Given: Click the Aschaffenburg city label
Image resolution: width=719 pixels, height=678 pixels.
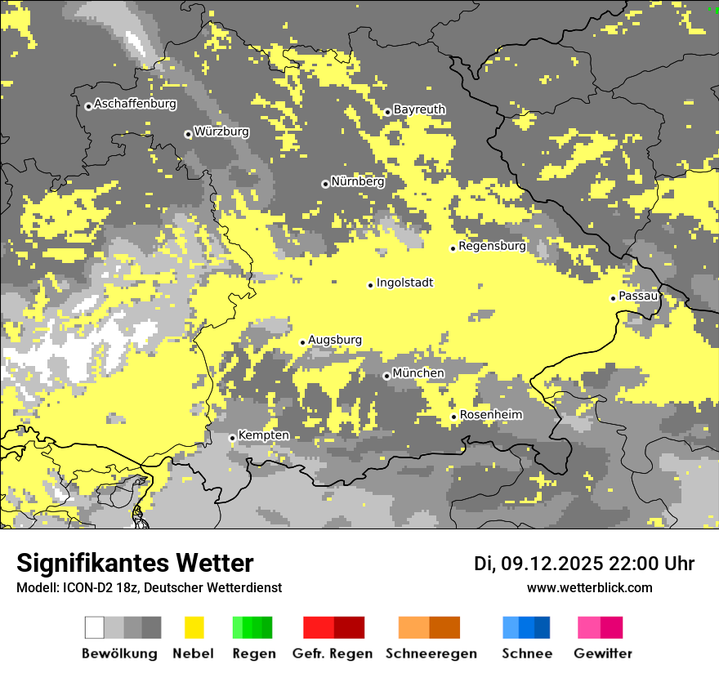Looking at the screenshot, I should tap(135, 105).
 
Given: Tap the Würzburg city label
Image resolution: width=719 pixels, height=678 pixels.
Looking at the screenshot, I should tap(221, 132).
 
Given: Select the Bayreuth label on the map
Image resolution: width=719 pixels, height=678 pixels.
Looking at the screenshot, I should tap(419, 109).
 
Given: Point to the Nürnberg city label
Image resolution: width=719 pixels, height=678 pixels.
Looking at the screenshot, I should tap(357, 181).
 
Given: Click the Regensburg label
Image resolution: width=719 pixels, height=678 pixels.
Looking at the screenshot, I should tap(492, 246).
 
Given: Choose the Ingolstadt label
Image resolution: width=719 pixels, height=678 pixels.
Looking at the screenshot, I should tap(404, 283).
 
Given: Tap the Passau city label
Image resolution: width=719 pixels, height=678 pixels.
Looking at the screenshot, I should tap(638, 296).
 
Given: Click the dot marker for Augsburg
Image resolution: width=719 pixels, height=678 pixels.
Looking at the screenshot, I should tap(302, 342).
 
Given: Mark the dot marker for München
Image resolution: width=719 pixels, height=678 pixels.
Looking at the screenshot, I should tap(386, 376).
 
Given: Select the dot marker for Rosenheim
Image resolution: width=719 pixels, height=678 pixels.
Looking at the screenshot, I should tap(454, 417).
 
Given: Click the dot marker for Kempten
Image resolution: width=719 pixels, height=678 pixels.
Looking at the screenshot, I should tap(232, 438).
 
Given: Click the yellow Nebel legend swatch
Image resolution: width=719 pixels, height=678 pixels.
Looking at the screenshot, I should tap(194, 627).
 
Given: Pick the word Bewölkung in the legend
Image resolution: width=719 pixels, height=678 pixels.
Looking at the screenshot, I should tap(119, 653).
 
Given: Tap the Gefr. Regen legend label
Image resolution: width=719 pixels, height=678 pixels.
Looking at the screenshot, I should tap(333, 653).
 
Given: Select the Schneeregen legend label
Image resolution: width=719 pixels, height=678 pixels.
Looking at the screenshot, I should tap(431, 653).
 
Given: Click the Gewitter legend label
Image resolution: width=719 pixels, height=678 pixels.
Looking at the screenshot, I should tap(603, 653).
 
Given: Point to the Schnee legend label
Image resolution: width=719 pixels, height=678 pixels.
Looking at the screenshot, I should tap(527, 653).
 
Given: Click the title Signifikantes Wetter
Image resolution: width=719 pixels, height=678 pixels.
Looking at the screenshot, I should tap(135, 563).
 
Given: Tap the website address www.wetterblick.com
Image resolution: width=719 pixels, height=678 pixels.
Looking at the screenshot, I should tap(589, 588).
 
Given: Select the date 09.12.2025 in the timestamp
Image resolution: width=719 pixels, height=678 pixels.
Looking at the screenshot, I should tap(552, 564).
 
